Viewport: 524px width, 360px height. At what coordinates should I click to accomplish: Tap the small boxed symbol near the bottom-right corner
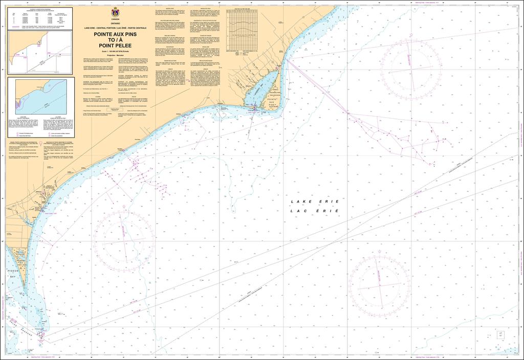500,334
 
